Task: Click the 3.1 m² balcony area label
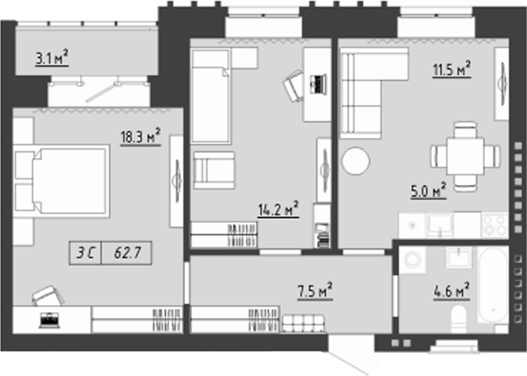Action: pos(52,58)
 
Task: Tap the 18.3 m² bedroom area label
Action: pos(140,136)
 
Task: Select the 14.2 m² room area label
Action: pos(278,209)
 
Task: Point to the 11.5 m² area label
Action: pos(451,69)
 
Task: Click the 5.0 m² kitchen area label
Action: pos(429,191)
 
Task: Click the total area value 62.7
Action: pos(127,253)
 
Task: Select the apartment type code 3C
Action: pos(86,253)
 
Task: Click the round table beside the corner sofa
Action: pos(355,161)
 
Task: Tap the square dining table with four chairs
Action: pos(466,156)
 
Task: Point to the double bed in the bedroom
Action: pos(62,181)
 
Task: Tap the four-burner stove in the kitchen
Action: pos(494,225)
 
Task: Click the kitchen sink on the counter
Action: pos(440,225)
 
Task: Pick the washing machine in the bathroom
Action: pos(412,260)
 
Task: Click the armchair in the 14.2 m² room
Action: pos(214,170)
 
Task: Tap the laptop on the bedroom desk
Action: pos(49,320)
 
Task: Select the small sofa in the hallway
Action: pos(303,324)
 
